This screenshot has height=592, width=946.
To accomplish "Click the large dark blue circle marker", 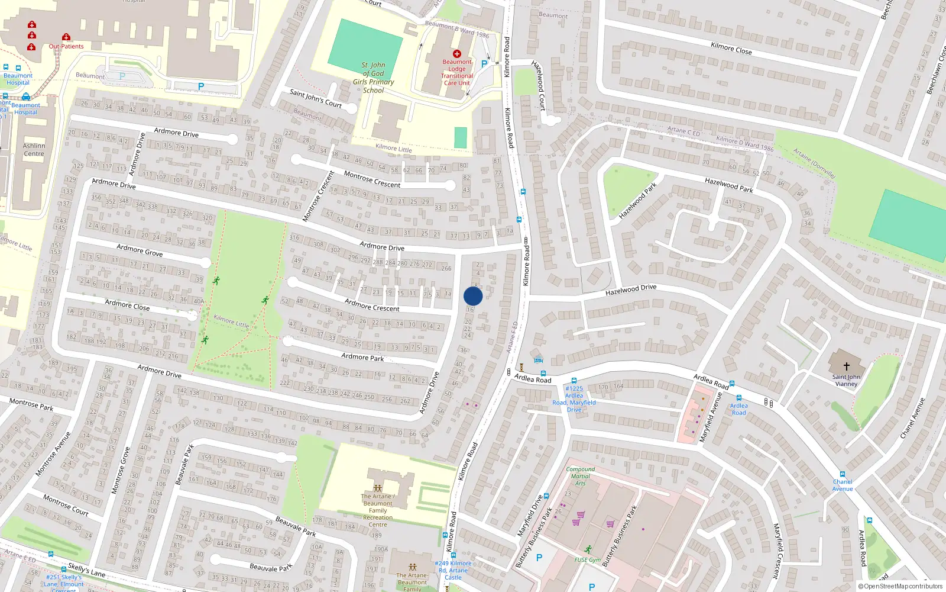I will (x=473, y=296).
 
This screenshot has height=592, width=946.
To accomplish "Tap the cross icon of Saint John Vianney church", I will (x=846, y=366).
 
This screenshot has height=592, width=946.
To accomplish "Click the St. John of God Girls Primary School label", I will (x=374, y=78).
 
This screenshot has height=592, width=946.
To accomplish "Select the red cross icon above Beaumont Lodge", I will (x=456, y=53).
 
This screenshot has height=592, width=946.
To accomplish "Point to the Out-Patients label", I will (x=66, y=46).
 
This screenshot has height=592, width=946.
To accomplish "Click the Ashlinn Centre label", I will (x=34, y=150).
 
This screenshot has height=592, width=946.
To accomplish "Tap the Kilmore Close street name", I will (x=731, y=49).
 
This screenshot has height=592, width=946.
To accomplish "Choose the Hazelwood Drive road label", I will (x=631, y=289).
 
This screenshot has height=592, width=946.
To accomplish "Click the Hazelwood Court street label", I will (x=538, y=85).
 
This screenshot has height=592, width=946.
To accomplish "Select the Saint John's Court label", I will (x=316, y=98).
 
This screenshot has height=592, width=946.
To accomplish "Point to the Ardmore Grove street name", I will (x=140, y=250).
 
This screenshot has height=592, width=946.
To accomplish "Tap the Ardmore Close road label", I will (x=127, y=305).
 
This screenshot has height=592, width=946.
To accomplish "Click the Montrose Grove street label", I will (x=121, y=471).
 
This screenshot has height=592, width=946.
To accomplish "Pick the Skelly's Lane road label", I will (x=86, y=570).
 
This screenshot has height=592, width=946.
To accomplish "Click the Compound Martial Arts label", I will (x=581, y=476).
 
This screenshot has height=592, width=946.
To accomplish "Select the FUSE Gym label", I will (x=587, y=559).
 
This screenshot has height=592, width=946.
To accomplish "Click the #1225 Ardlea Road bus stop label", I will (x=574, y=399).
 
